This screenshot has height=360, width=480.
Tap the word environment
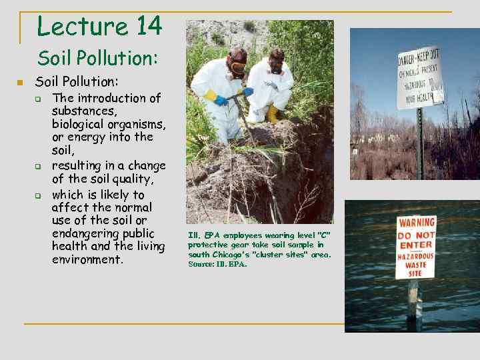87,259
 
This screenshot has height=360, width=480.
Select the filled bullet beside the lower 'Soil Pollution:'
20,83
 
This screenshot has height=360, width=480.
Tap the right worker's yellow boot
273,114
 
